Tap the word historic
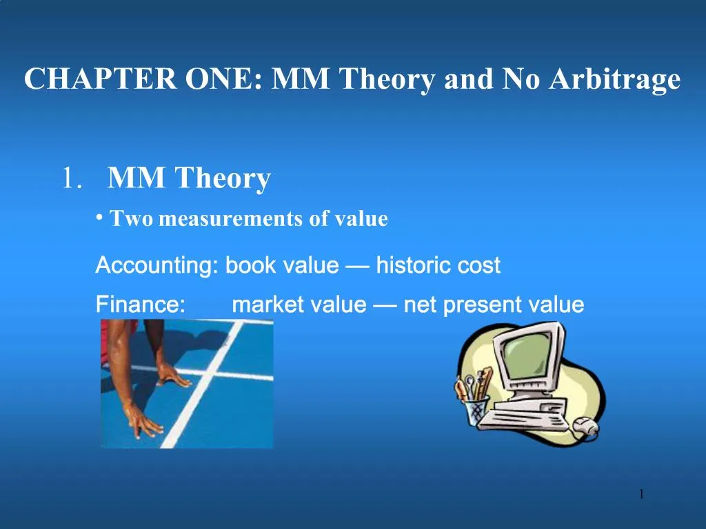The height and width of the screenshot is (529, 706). tap(414, 265)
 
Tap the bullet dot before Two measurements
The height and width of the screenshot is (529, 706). tap(99, 218)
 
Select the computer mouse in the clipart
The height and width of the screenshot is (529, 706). tap(585, 426)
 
